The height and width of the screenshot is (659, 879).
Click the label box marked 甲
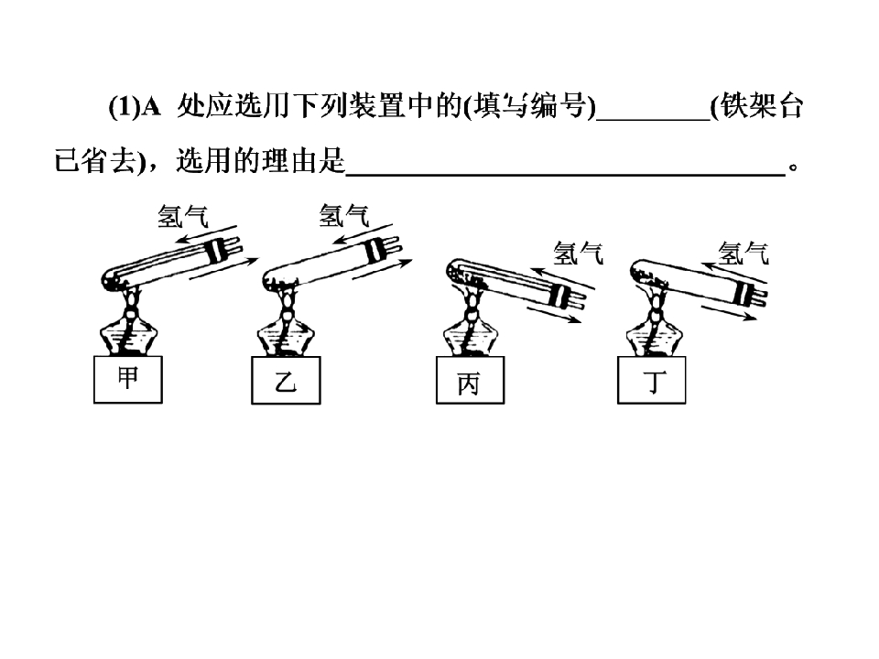[128, 379]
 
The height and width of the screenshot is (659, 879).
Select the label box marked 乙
[286, 381]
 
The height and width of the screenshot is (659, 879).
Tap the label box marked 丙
[470, 380]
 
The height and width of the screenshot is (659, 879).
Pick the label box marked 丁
[651, 380]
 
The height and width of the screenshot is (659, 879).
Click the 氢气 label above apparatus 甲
[182, 216]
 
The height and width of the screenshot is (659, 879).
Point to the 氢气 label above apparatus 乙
[343, 215]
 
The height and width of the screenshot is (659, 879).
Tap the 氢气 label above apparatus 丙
[578, 253]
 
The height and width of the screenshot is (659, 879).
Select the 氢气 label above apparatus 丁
[743, 253]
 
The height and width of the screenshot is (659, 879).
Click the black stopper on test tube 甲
[214, 252]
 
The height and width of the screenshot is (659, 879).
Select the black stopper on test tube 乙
[373, 252]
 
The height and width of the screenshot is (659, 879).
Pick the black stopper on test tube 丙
[559, 296]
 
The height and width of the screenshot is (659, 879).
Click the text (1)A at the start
[135, 106]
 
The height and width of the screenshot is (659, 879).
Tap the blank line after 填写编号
[653, 118]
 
